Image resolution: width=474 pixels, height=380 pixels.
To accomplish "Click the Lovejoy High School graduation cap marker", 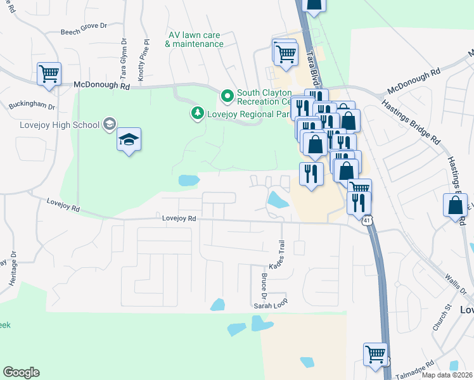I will (x=129, y=140).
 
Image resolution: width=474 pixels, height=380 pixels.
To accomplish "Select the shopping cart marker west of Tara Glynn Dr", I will (x=49, y=73).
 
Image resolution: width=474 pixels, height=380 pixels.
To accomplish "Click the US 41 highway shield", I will (x=368, y=221).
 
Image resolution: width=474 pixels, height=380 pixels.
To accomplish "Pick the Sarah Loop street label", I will (x=271, y=305).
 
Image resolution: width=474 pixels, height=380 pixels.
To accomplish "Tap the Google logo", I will (x=21, y=372).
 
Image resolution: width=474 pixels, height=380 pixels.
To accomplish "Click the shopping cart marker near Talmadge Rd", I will (x=375, y=354).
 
